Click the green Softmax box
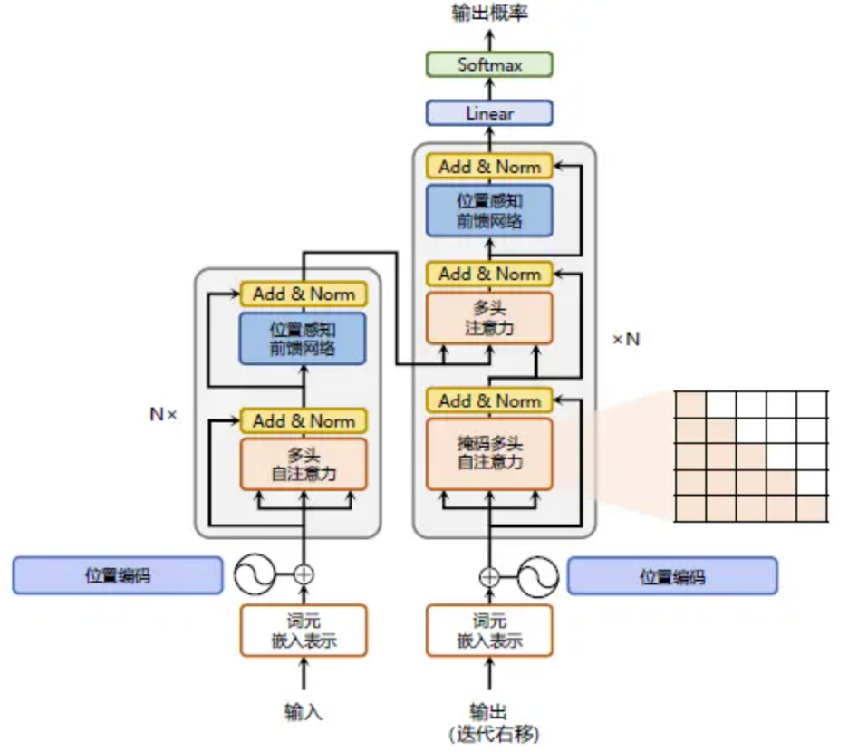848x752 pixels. click(x=489, y=64)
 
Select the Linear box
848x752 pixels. click(x=489, y=113)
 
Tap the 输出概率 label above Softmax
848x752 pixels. click(x=489, y=13)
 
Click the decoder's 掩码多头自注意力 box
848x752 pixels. click(x=489, y=453)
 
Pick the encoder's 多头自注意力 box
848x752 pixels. click(x=304, y=464)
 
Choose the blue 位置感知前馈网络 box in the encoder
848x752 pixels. click(x=303, y=338)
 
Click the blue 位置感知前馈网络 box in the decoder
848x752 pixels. click(x=489, y=210)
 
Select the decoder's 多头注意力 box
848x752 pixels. click(x=489, y=318)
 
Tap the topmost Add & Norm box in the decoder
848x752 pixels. click(x=489, y=166)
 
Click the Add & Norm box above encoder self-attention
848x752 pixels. click(x=304, y=421)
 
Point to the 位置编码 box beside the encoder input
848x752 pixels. click(x=118, y=575)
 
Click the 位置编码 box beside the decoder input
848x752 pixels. click(x=672, y=576)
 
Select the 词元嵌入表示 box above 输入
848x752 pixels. click(x=304, y=631)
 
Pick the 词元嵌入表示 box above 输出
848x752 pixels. click(x=489, y=631)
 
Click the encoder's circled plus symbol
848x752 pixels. click(x=304, y=574)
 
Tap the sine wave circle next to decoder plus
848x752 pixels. click(x=537, y=577)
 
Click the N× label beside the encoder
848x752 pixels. click(x=163, y=414)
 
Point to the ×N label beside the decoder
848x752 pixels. click(x=626, y=339)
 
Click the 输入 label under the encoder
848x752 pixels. click(x=304, y=712)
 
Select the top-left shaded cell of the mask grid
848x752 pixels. click(x=690, y=404)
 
